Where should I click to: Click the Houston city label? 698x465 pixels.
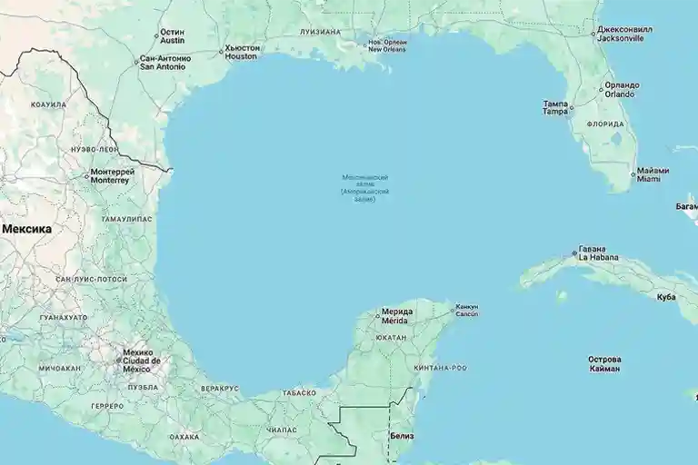(241, 52)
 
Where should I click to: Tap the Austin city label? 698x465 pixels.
(172, 36)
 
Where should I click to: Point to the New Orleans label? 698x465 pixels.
(386, 45)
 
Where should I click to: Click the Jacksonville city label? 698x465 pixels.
(621, 35)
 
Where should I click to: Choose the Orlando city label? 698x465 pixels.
(622, 89)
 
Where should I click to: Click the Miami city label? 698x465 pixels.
(653, 174)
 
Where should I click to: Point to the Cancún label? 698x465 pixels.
(466, 311)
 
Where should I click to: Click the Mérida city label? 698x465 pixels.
(396, 316)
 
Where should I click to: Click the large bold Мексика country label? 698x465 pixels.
(26, 229)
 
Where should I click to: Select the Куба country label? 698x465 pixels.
(666, 297)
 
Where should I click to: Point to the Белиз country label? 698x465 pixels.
(401, 436)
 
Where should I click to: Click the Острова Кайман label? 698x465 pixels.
(604, 363)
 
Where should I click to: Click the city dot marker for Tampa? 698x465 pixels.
(571, 107)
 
